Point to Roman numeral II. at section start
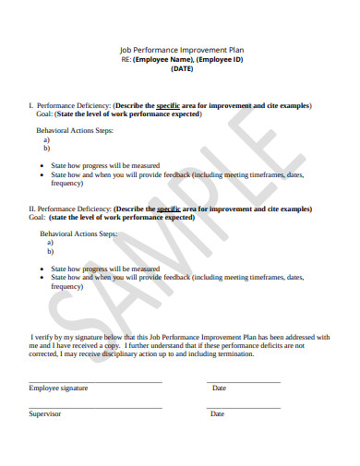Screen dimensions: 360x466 [x=32, y=209]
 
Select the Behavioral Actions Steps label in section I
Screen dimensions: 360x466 [x=75, y=131]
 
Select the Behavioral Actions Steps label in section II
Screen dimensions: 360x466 [x=78, y=234]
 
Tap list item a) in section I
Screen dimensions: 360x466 [x=47, y=140]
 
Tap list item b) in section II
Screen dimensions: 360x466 [x=50, y=251]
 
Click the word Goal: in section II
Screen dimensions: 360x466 [x=37, y=218]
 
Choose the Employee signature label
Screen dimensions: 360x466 [x=58, y=388]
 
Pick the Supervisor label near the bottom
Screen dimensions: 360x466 [x=44, y=414]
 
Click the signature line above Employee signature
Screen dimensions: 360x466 [x=95, y=381]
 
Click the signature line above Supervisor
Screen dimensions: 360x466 [x=95, y=407]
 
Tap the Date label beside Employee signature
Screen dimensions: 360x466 [x=219, y=388]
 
